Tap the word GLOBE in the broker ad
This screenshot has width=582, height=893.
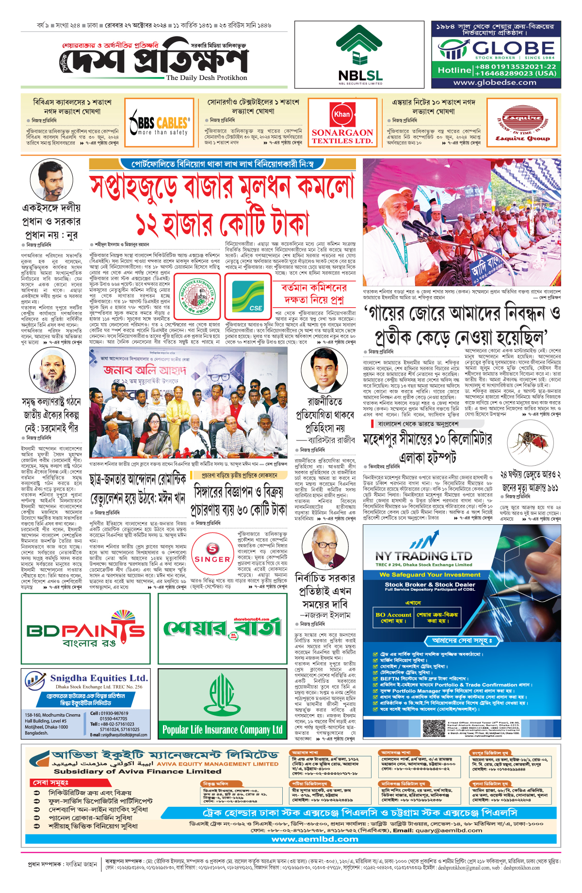click(513, 48)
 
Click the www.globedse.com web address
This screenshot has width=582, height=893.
click(495, 82)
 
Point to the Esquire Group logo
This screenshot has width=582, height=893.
click(522, 126)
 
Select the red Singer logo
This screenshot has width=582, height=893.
click(212, 553)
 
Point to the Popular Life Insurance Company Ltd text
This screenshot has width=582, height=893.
click(222, 729)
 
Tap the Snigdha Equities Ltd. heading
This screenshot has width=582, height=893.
click(98, 678)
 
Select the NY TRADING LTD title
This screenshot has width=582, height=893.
click(423, 556)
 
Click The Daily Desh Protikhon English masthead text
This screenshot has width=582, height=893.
click(206, 78)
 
